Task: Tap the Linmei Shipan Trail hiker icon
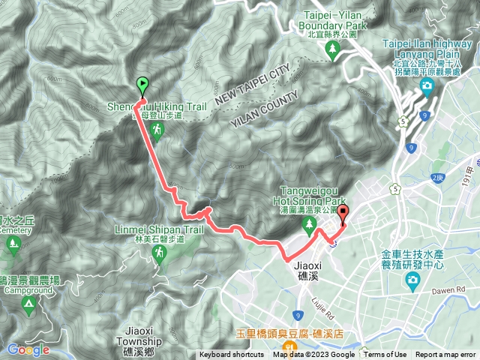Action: click(x=160, y=255)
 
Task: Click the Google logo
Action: click(x=28, y=349)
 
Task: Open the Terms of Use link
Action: click(x=385, y=355)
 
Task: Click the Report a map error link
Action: click(x=447, y=355)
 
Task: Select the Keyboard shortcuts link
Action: click(x=232, y=355)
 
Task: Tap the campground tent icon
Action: click(x=28, y=304)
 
